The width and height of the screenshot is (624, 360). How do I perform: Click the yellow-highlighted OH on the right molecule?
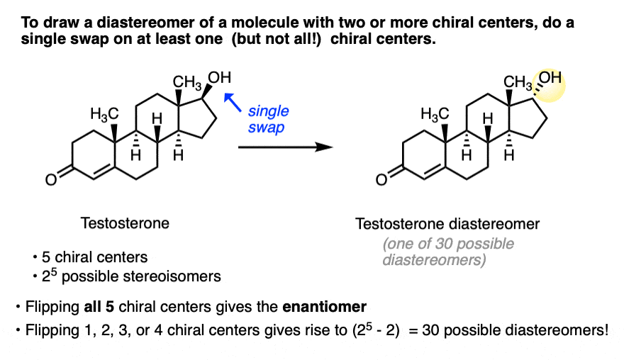[550, 77]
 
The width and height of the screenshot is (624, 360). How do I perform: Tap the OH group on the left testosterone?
[219, 77]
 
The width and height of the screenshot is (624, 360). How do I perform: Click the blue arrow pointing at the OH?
[233, 102]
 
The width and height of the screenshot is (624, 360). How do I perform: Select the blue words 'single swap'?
[268, 119]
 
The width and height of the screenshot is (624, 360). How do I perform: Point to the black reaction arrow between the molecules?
[285, 147]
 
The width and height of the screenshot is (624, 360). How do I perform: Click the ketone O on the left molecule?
[51, 180]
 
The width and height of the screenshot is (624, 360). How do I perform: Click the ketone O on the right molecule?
[381, 180]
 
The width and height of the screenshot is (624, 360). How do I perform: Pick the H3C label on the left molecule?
[104, 115]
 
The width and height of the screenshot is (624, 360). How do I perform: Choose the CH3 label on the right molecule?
[518, 82]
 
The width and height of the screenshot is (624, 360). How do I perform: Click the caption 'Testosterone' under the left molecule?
[125, 223]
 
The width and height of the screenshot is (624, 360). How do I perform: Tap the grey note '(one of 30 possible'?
[448, 244]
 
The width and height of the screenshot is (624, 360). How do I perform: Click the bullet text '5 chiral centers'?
[95, 257]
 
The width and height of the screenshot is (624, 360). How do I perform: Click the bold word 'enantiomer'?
[324, 307]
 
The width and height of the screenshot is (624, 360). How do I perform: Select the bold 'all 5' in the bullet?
[99, 307]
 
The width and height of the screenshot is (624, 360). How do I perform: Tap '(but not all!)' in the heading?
[276, 39]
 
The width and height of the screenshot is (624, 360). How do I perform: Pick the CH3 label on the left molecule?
[187, 82]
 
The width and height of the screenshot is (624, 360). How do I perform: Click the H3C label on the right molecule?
[435, 115]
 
